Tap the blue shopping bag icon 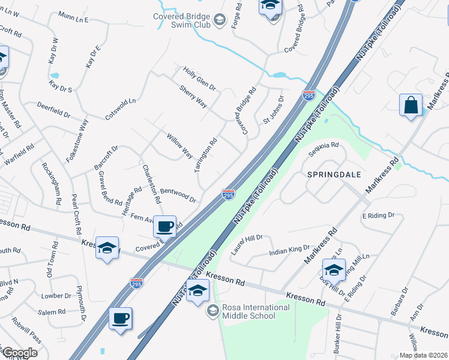(x=411, y=105)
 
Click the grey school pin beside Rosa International (x=212, y=311)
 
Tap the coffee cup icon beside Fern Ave (x=164, y=226)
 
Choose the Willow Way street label (x=179, y=146)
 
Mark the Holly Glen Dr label (x=199, y=79)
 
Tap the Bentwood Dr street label (x=178, y=193)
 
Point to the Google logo (x=20, y=353)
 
